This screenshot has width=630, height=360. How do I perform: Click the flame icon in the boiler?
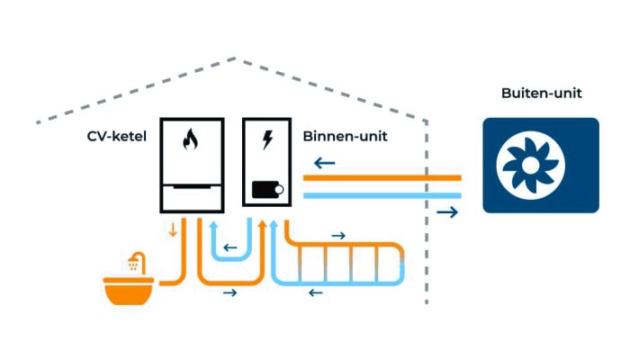(189, 140)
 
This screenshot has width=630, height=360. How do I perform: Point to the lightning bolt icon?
(266, 140)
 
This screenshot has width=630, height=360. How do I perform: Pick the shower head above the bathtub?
(135, 264)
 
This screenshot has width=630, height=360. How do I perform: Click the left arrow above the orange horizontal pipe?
(325, 164)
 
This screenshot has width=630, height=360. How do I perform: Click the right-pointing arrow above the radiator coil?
(338, 235)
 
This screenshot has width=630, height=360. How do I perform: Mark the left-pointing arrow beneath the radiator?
(315, 292)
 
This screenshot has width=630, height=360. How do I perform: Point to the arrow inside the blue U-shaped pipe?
(231, 247)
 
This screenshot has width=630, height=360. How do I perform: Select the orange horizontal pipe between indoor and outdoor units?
(382, 179)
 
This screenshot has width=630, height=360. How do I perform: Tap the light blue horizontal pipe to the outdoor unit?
(382, 194)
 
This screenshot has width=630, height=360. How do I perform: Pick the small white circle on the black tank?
(279, 190)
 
